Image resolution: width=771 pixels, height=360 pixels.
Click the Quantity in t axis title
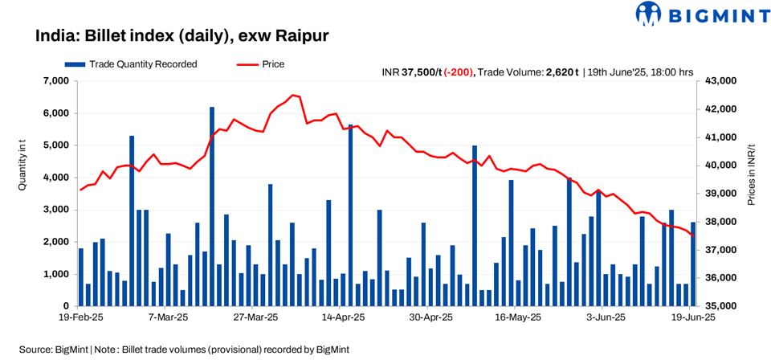coord(22,166)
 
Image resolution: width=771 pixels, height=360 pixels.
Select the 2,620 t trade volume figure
coord(562,72)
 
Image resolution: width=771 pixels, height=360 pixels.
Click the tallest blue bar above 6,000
coord(212,207)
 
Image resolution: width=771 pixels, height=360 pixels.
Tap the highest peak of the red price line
coord(293,95)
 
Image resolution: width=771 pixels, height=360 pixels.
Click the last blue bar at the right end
coord(693,264)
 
